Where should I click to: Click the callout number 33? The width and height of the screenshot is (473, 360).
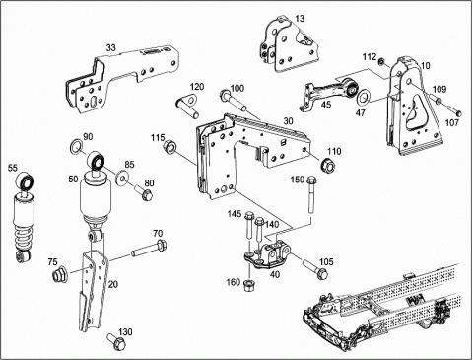coord(111,47)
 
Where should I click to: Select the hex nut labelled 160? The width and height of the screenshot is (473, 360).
coord(249,284)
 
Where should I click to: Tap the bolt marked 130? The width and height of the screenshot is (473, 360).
coord(116,341)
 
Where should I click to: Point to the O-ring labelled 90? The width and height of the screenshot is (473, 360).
coord(77,146)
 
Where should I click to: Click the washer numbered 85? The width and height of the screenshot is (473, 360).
coord(122,178)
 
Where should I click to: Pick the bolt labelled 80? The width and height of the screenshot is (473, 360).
coord(144,192)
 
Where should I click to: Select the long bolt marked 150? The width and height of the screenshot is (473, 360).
coord(310,194)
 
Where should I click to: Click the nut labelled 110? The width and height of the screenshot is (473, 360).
coord(328,164)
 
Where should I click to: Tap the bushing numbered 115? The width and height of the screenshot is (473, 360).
coord(169,146)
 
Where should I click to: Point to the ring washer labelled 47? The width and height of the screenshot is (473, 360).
coord(364,96)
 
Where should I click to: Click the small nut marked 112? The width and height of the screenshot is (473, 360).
coord(381,62)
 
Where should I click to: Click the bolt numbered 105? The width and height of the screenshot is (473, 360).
coord(315,269)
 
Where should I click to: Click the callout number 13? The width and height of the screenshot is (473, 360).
coord(300,19)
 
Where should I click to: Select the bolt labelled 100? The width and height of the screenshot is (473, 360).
coord(234,101)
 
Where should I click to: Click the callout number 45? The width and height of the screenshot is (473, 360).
coord(326,105)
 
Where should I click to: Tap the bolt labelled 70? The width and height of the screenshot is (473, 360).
coord(149,250)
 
